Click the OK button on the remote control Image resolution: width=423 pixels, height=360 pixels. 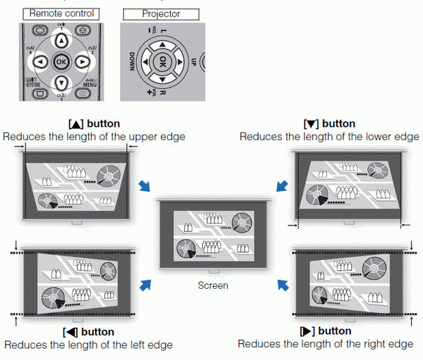click(x=61, y=61)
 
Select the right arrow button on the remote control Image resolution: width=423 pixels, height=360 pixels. click(x=82, y=61)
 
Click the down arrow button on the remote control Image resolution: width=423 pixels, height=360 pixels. click(x=61, y=82)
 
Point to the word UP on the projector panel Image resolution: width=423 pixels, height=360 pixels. click(x=195, y=63)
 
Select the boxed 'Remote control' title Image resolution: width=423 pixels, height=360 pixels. click(x=61, y=13)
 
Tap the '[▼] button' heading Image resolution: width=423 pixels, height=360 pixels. click(x=329, y=123)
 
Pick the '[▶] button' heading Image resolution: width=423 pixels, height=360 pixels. click(x=326, y=331)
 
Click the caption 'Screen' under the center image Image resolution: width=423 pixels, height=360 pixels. click(x=212, y=285)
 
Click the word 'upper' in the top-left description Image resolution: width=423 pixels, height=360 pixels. click(x=135, y=136)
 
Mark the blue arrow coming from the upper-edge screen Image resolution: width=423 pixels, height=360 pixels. click(x=145, y=185)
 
